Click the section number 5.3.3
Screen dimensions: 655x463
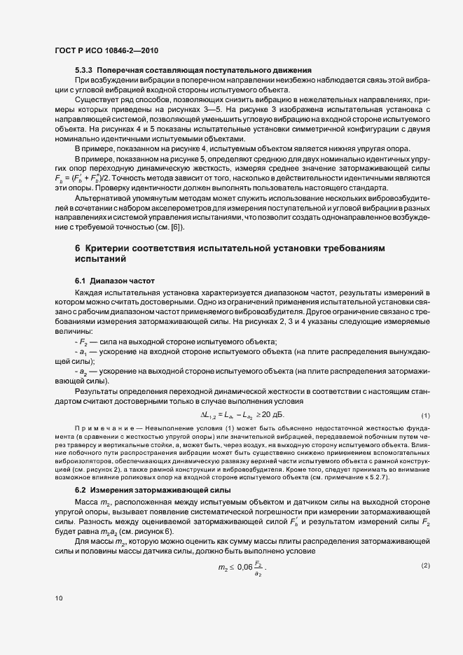click(83, 71)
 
